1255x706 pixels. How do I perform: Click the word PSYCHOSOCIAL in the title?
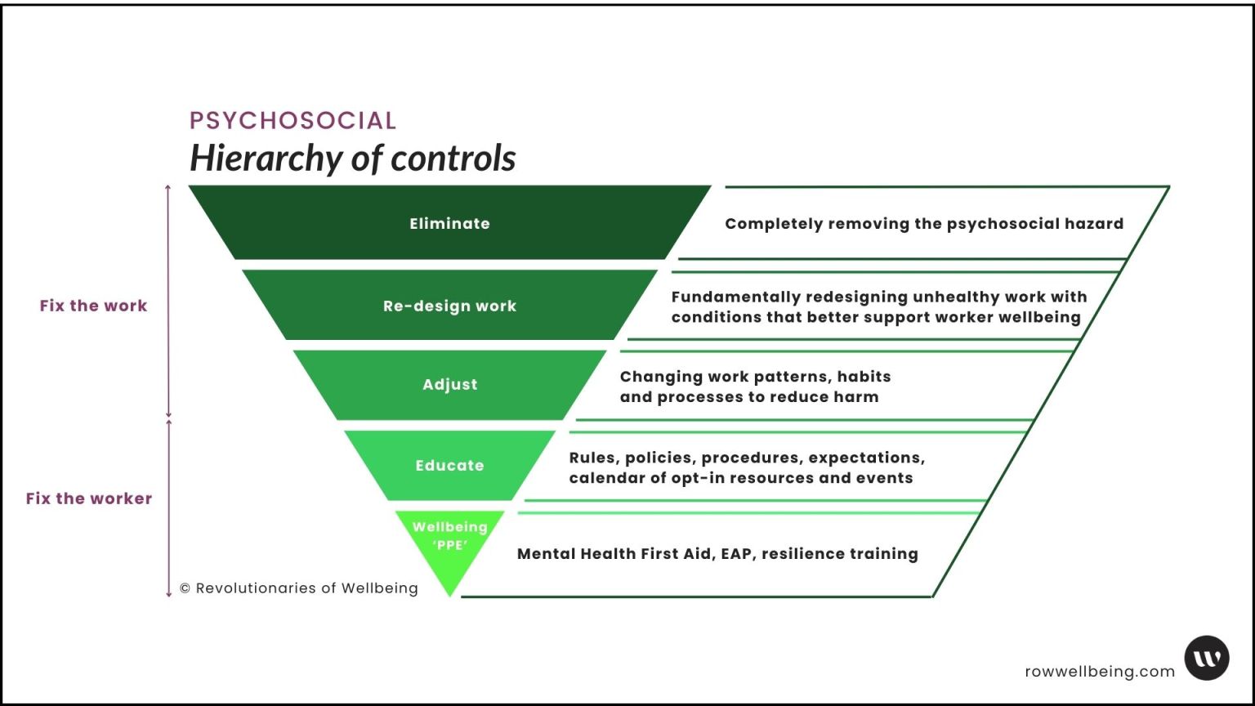pyautogui.click(x=293, y=120)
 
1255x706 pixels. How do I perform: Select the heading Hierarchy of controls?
pyautogui.click(x=352, y=158)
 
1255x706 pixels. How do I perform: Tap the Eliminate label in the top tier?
pyautogui.click(x=449, y=223)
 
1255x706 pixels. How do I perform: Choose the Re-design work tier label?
pyautogui.click(x=449, y=306)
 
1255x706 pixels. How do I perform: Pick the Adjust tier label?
pyautogui.click(x=449, y=384)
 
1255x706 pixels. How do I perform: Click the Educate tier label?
pyautogui.click(x=449, y=465)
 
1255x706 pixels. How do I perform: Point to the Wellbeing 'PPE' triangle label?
pyautogui.click(x=449, y=535)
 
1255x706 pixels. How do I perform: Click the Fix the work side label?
pyautogui.click(x=93, y=306)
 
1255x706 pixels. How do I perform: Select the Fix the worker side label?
pyautogui.click(x=88, y=498)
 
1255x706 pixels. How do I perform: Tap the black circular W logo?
pyautogui.click(x=1207, y=658)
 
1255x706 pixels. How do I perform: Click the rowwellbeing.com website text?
pyautogui.click(x=1100, y=672)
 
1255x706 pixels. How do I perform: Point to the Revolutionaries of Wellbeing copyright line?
pyautogui.click(x=298, y=588)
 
